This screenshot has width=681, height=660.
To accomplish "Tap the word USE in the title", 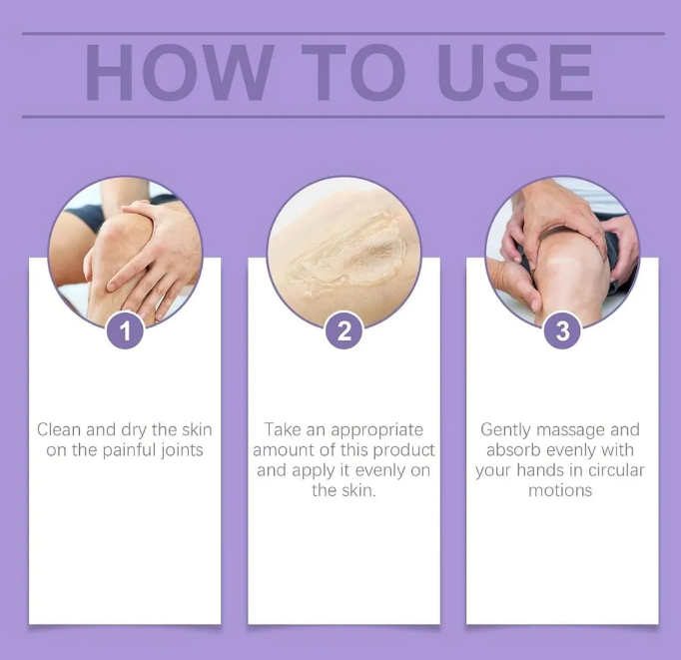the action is click(515, 73).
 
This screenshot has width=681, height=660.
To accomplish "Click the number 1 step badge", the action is click(125, 330).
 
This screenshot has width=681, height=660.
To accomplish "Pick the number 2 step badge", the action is click(343, 330).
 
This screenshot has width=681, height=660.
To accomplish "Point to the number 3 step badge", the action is click(562, 330).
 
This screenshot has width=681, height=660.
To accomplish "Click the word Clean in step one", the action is click(59, 429).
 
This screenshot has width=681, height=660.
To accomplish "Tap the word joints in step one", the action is click(182, 450).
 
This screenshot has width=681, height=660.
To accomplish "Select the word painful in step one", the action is click(129, 450).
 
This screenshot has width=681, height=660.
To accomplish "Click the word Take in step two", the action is click(283, 429).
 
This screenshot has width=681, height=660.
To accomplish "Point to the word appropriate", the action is click(377, 430).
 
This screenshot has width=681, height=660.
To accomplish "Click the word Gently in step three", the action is click(506, 430).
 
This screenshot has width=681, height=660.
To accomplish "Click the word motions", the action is click(560, 490).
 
